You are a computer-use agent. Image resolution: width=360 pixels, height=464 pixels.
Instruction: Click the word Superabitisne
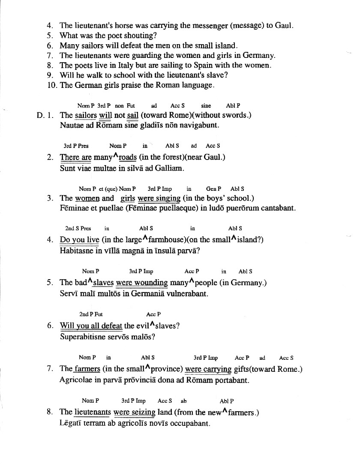[x=85, y=337]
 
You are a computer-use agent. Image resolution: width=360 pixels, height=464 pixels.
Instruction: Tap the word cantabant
[x=276, y=208]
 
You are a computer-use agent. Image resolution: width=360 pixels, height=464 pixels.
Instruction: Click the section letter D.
[x=41, y=115]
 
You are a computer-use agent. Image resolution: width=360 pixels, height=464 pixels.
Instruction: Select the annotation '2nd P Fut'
[x=91, y=314]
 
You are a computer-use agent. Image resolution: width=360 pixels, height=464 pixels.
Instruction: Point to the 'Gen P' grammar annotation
[x=213, y=189]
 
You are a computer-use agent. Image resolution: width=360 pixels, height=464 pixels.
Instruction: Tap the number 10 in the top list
[x=52, y=85]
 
